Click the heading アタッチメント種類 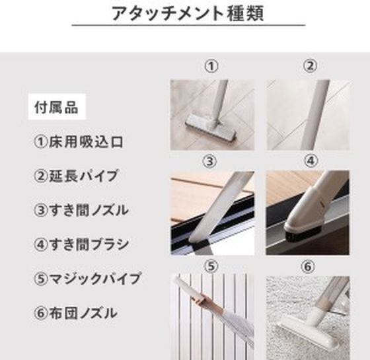[x=188, y=13]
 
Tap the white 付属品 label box [x=57, y=107]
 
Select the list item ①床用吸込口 [x=79, y=142]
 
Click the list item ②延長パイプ [x=76, y=176]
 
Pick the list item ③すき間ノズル [x=81, y=210]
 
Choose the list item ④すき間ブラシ [x=81, y=244]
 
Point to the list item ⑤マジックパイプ [x=87, y=278]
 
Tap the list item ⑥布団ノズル [x=75, y=313]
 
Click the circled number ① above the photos [x=211, y=66]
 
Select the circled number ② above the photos [x=310, y=66]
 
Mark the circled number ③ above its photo [x=209, y=161]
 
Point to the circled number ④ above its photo [x=311, y=161]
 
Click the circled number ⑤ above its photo [x=211, y=266]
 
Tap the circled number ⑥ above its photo [x=308, y=267]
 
